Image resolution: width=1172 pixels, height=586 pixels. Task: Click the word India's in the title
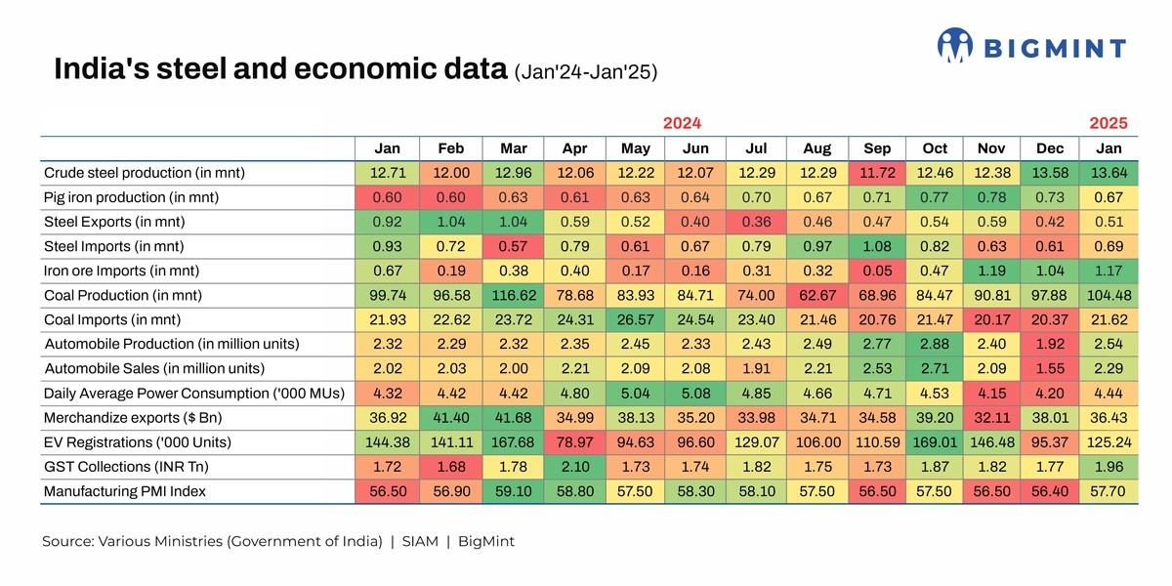[96, 70]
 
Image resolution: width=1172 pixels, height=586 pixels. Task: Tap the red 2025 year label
[1109, 123]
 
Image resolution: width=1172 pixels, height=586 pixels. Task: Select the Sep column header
[877, 148]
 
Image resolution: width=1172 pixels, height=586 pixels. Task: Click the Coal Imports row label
[112, 319]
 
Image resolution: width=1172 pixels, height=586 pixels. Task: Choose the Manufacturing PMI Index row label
[125, 491]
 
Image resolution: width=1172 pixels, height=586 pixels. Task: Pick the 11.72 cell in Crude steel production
[877, 173]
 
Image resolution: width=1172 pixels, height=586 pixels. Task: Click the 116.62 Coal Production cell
[514, 295]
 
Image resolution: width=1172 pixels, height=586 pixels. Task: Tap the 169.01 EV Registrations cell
[935, 442]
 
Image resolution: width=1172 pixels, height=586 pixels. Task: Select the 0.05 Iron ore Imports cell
[877, 271]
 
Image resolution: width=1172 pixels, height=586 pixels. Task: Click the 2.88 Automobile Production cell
[935, 344]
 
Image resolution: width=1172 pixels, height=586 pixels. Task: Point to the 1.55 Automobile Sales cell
[1050, 368]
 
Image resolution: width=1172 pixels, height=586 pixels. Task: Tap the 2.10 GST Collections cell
[574, 467]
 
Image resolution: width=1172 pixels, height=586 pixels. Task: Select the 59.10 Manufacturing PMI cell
[514, 491]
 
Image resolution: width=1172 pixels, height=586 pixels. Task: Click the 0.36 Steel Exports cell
[756, 222]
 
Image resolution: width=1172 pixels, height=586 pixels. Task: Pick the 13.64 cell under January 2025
[1109, 173]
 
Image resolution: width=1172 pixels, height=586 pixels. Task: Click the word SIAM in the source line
[420, 541]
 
